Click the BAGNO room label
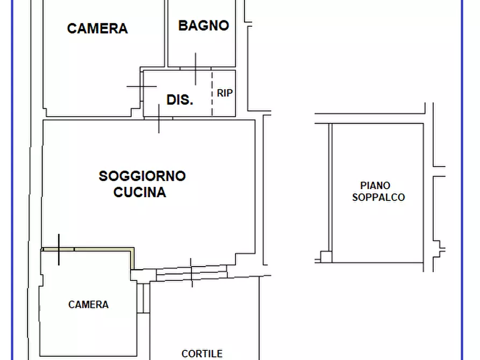(x=204, y=25)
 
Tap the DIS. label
(x=180, y=99)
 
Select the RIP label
(x=225, y=93)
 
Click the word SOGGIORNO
(x=142, y=176)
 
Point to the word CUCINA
(x=140, y=192)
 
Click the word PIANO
(x=376, y=186)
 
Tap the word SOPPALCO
(x=378, y=197)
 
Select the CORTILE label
(x=202, y=354)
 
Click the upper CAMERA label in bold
(x=97, y=28)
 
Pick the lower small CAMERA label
(x=89, y=305)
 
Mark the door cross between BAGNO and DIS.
(x=195, y=69)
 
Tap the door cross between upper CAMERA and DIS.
(x=142, y=86)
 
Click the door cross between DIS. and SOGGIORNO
(x=159, y=118)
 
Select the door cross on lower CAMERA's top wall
(x=59, y=249)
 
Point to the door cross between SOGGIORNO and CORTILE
(x=191, y=272)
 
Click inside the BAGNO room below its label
(x=202, y=48)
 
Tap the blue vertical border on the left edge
(x=12, y=180)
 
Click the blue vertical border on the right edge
(x=462, y=180)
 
